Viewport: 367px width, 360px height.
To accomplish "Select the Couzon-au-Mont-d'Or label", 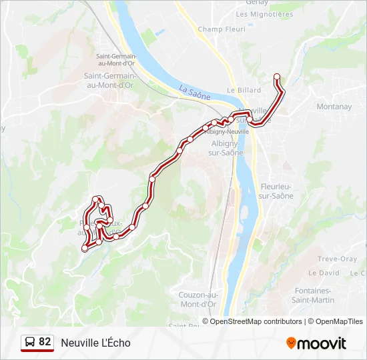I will click(198, 299).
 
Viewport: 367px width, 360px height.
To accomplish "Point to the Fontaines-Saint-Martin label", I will click(312, 295).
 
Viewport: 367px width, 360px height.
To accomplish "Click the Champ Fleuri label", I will click(222, 29).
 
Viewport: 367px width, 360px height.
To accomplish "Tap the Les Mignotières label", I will click(264, 14).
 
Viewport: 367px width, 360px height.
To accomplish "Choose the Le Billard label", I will click(244, 90).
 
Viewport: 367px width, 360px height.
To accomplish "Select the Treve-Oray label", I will click(337, 259).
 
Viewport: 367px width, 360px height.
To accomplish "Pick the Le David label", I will click(324, 273).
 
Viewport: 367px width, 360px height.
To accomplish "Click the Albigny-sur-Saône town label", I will click(227, 148).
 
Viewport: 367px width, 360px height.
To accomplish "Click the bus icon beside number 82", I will click(29, 343).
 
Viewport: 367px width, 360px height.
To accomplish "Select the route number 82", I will click(45, 342).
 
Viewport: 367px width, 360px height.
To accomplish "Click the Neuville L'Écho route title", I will click(95, 343).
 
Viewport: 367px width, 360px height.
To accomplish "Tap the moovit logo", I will click(316, 343).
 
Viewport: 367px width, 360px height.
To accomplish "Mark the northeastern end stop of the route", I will click(277, 77).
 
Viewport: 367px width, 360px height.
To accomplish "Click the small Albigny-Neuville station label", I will click(228, 131).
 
